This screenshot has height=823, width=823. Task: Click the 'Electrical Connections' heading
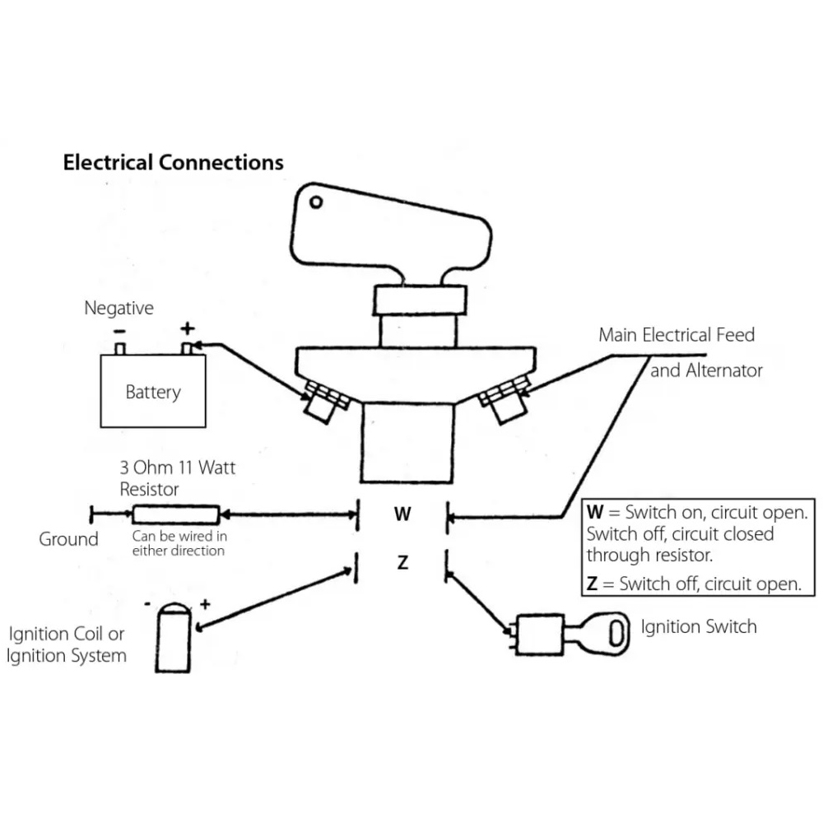(x=173, y=161)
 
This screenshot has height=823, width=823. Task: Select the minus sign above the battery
(x=120, y=331)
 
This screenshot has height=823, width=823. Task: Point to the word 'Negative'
(x=119, y=309)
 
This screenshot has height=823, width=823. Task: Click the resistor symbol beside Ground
(x=176, y=515)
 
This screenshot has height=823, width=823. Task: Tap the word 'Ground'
(x=68, y=539)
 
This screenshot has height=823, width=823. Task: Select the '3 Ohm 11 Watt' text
(x=177, y=467)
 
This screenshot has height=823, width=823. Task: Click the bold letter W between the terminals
(x=402, y=515)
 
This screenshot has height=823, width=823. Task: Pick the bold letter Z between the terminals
(x=402, y=564)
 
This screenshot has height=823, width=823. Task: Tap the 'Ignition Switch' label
(x=698, y=626)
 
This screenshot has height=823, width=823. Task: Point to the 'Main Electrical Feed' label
(x=677, y=335)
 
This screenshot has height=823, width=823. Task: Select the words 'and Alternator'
(x=706, y=370)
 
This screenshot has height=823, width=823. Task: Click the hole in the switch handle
(x=315, y=200)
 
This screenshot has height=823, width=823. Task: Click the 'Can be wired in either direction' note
(x=178, y=544)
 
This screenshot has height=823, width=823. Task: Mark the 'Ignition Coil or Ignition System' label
(x=67, y=645)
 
